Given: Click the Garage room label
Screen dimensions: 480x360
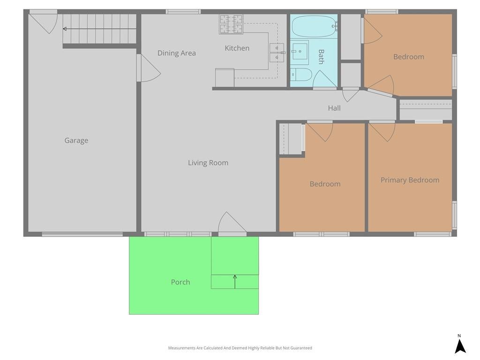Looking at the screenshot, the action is click(x=76, y=141).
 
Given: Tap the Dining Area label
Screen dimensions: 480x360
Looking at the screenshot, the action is click(x=177, y=53).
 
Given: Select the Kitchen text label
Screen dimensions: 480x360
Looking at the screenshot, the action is click(x=237, y=48).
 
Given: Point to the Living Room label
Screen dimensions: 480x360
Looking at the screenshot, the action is click(x=208, y=163).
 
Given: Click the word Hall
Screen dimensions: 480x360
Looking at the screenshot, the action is click(x=334, y=108).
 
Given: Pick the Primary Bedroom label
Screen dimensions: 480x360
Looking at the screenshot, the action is click(x=410, y=180).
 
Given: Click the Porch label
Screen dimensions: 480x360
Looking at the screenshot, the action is click(x=180, y=282).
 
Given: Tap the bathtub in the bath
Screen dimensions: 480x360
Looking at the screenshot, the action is click(x=314, y=26).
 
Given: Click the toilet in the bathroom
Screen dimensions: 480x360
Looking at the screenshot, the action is click(x=301, y=75).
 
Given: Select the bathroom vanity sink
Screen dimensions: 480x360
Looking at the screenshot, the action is click(x=300, y=52).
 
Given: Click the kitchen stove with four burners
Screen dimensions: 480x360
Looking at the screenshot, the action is click(x=231, y=24).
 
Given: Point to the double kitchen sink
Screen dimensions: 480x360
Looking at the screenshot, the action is click(x=277, y=52).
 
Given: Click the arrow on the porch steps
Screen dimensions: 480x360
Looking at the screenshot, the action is click(x=235, y=282).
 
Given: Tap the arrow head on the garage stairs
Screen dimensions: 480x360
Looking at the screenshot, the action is click(x=65, y=29).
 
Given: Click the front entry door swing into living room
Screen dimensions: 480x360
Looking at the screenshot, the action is click(x=232, y=222).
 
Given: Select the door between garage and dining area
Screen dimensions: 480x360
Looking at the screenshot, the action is click(x=149, y=68).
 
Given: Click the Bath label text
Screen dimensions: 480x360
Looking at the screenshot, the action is click(x=321, y=57).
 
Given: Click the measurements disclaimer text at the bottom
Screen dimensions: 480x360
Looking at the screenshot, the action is click(x=240, y=348).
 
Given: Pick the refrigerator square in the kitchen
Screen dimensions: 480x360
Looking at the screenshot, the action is click(x=225, y=78).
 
